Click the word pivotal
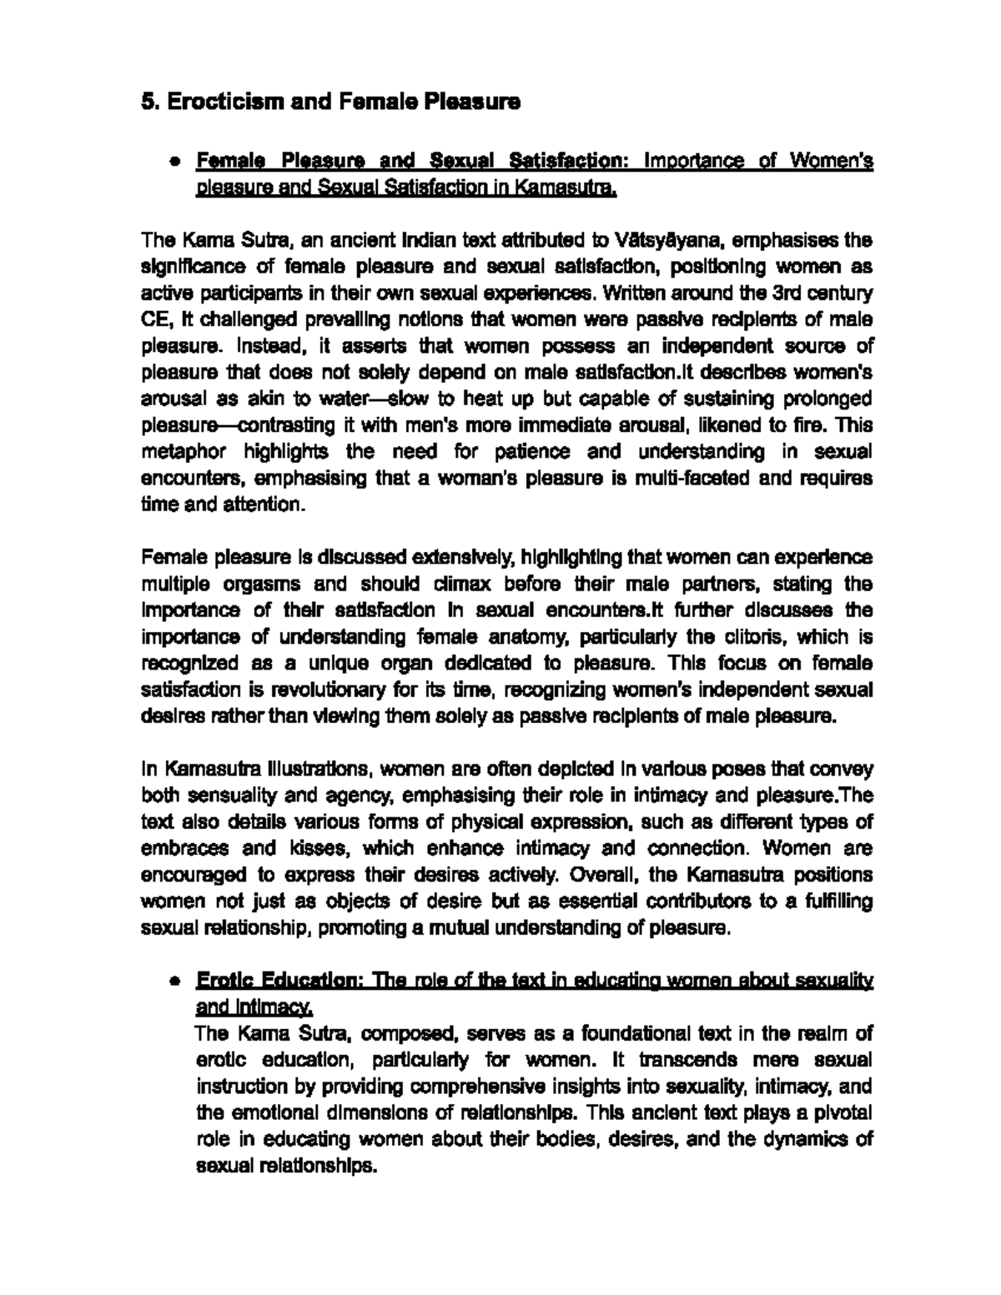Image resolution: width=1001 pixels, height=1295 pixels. (843, 1113)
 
